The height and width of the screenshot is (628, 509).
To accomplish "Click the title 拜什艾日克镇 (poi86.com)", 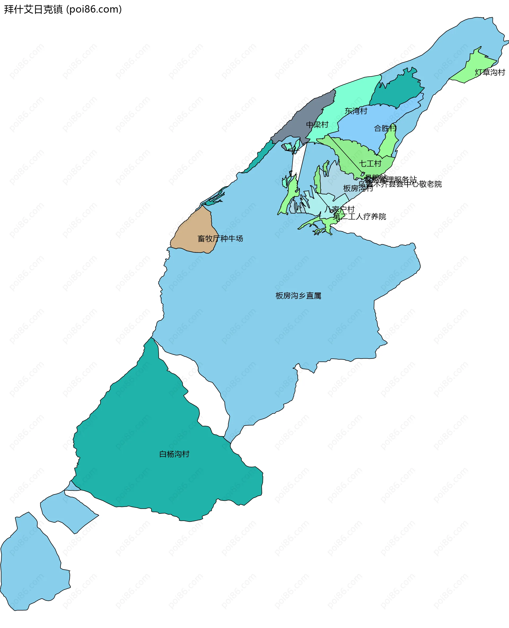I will tap(63, 9).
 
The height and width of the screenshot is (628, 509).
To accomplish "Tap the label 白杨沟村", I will tap(174, 454).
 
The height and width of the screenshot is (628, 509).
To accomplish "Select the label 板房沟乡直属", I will tap(298, 296).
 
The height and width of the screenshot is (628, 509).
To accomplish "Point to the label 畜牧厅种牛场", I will tap(220, 238).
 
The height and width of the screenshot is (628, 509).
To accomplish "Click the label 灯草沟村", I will tap(490, 72).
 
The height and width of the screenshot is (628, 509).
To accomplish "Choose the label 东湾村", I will tap(356, 111).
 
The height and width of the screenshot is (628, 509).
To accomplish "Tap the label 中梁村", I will tap(317, 125).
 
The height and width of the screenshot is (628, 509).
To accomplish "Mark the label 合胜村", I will tap(385, 128).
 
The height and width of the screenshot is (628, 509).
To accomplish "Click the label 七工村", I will tap(370, 163).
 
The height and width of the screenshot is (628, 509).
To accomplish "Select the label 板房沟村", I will tap(358, 188).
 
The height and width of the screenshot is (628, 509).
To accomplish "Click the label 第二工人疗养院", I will tap(359, 216).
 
